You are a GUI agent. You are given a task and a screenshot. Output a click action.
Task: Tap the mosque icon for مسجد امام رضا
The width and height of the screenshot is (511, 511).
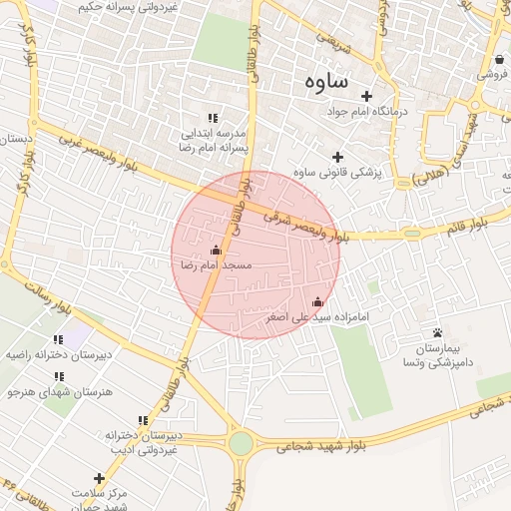(x=216, y=251)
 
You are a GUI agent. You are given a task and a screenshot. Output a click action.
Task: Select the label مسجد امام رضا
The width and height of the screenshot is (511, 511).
(x=217, y=266)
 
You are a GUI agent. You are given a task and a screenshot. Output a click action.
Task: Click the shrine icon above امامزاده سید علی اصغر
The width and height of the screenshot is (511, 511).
(x=318, y=301)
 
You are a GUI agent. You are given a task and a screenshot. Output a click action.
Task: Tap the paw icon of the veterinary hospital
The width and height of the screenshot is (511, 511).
(x=437, y=332)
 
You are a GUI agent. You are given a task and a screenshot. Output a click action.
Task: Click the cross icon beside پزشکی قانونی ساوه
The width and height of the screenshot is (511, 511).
(x=337, y=157)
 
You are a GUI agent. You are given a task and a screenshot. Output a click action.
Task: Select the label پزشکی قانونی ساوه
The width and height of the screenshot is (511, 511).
(x=335, y=173)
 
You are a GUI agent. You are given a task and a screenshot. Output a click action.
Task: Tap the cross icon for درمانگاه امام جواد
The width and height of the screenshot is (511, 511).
(x=367, y=97)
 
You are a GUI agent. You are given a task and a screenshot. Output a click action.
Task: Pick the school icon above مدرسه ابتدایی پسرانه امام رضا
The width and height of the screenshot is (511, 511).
(x=211, y=116)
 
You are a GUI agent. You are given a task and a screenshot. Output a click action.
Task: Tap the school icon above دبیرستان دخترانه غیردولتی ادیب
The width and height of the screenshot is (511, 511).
(x=141, y=421)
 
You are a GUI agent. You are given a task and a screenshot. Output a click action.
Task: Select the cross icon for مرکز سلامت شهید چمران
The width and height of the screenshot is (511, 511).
(x=99, y=478)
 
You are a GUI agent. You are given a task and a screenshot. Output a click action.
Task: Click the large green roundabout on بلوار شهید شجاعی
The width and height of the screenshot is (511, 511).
(x=241, y=443)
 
